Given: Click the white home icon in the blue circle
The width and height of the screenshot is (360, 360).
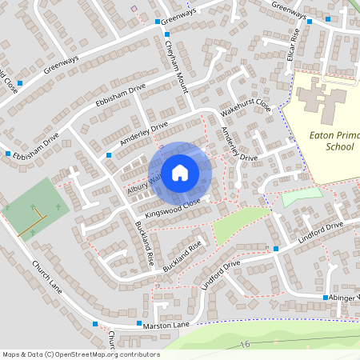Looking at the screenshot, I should [x=180, y=172].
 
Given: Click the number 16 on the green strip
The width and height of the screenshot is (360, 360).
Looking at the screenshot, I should [x=244, y=344].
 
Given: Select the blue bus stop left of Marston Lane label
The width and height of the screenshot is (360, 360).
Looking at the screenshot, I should [x=95, y=324].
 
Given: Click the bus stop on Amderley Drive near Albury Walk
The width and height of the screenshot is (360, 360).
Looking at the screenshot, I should [x=109, y=155].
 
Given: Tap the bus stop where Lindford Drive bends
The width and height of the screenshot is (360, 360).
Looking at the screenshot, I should [x=276, y=249].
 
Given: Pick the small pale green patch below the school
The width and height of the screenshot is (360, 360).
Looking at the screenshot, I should [x=302, y=193].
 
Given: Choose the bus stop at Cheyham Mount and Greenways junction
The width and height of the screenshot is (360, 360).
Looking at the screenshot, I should [x=155, y=22].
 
